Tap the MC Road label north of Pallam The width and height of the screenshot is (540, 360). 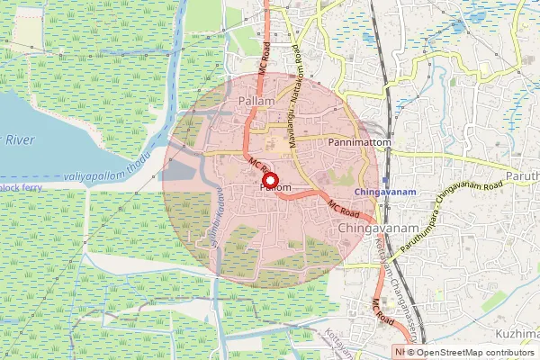click(265, 58)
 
